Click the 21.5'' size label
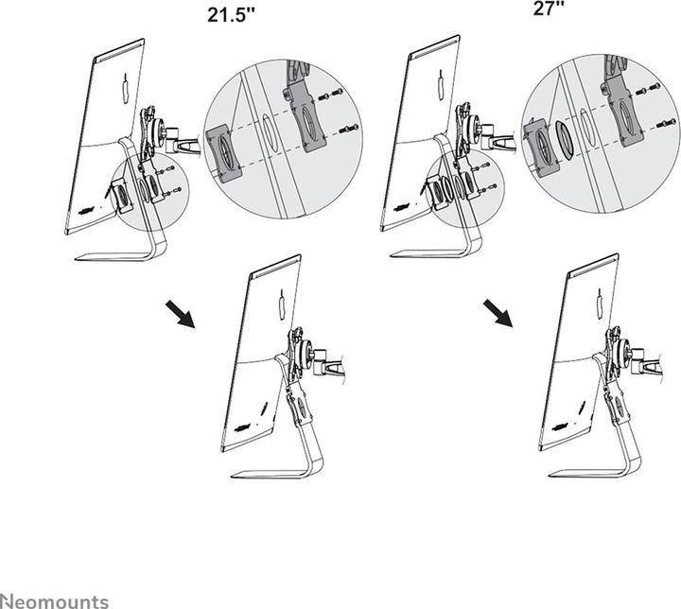(x=236, y=15)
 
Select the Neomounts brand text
(x=55, y=600)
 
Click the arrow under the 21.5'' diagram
(x=179, y=314)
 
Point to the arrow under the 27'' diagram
(x=498, y=313)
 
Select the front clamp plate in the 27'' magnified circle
(x=542, y=147)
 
